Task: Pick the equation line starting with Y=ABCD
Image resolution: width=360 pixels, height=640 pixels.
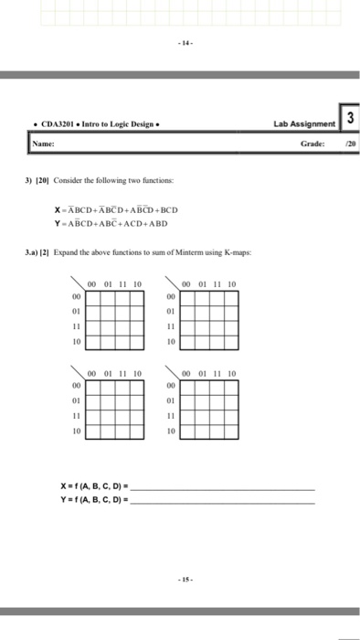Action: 111,221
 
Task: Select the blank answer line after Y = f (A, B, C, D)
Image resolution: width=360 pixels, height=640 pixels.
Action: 223,501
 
